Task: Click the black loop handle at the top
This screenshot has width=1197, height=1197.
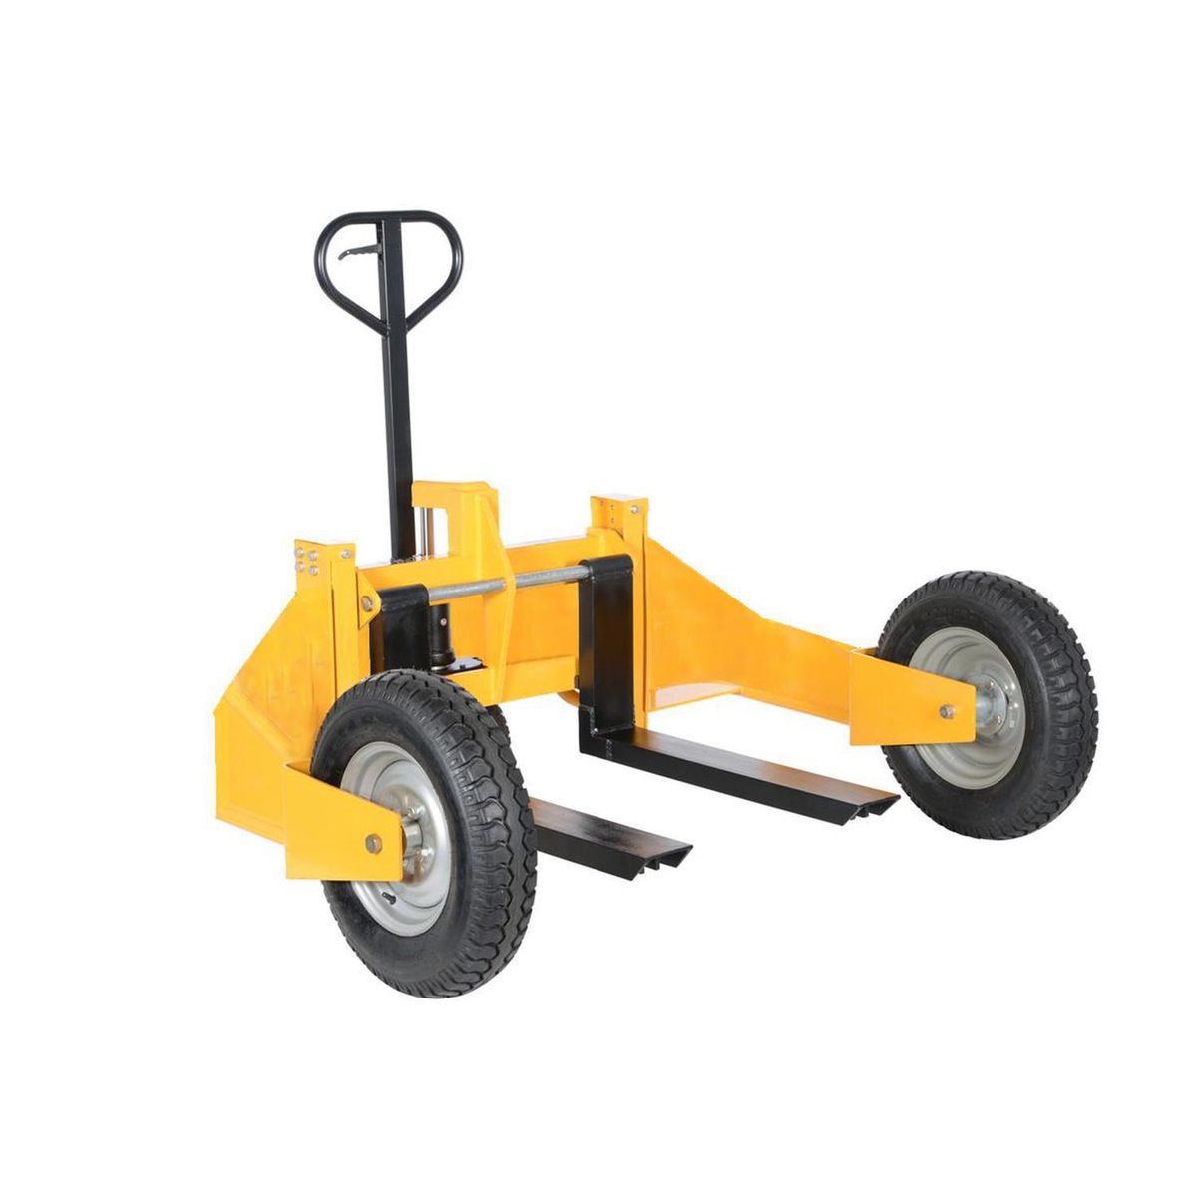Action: (389, 217)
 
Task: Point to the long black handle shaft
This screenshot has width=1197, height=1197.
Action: (397, 419)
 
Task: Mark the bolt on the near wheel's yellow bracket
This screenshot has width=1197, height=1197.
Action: (373, 843)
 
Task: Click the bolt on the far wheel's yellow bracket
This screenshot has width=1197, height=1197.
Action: (947, 711)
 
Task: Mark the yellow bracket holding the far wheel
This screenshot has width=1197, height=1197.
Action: (908, 698)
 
